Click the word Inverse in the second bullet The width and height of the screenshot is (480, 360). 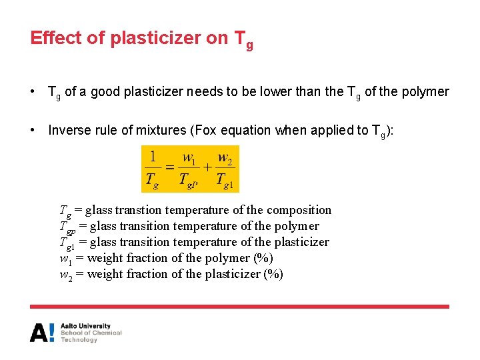(69, 130)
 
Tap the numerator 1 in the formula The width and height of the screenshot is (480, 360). (153, 157)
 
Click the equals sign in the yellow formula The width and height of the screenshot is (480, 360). (169, 167)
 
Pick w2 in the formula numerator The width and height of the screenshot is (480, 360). (225, 157)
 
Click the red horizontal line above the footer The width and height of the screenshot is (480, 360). (239, 307)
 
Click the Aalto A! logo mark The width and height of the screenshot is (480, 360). (42, 332)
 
